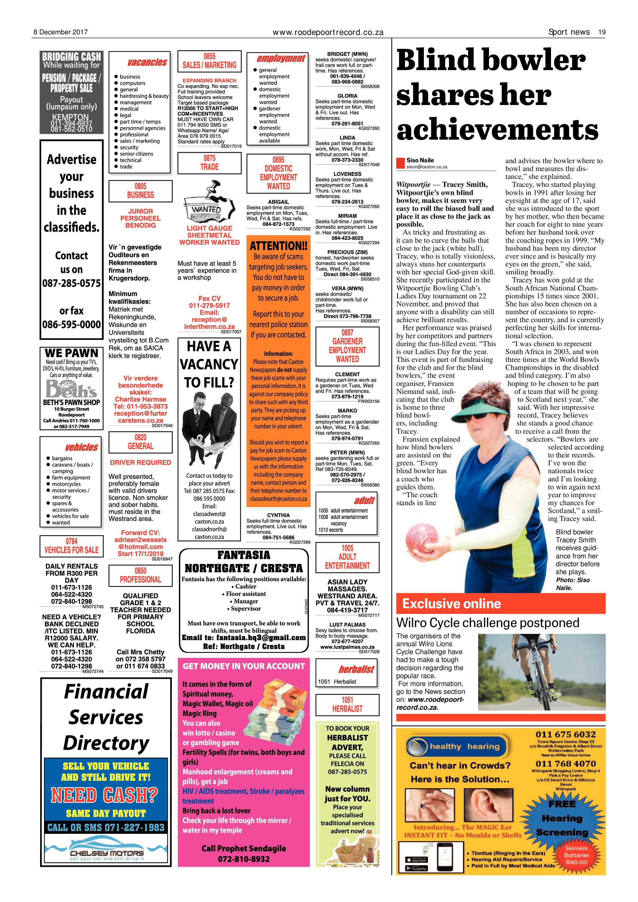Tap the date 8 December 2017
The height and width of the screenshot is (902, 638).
[x=60, y=32]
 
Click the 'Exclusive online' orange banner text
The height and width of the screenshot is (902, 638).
[x=451, y=603]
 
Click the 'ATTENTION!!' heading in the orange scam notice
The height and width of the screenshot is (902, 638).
[x=278, y=246]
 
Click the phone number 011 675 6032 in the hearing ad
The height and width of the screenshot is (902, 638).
[x=565, y=735]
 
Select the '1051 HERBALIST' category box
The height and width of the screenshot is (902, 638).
[x=347, y=705]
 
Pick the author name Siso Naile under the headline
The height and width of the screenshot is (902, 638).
[x=420, y=160]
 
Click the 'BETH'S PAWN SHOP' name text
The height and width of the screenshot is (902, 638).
[x=71, y=402]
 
